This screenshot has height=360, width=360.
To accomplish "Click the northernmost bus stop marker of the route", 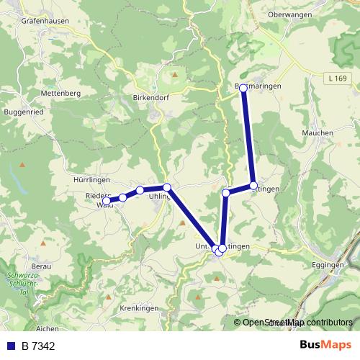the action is [243, 88].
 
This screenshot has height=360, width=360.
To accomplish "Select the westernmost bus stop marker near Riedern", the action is [107, 201].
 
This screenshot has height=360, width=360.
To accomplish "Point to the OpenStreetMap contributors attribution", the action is [297, 323].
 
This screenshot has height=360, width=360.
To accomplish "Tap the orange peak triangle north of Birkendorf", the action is [174, 73].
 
